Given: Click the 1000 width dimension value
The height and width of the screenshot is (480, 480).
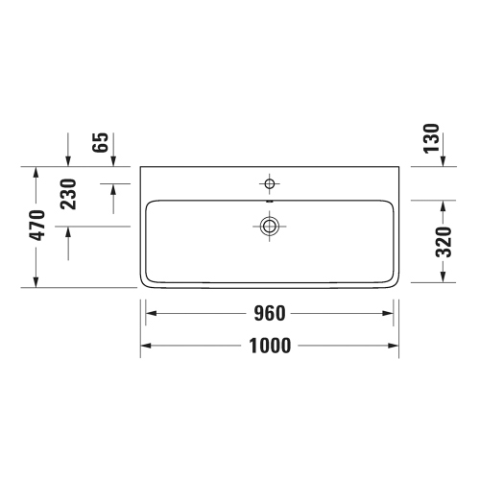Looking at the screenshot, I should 269,347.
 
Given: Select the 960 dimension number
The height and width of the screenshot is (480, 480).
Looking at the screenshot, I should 269,314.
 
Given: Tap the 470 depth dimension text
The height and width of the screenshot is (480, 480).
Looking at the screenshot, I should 38,227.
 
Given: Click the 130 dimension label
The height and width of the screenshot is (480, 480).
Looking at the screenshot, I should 433,139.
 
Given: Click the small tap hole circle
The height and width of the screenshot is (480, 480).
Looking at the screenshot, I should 270,182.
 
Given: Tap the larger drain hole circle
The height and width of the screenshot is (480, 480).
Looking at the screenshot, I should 270,226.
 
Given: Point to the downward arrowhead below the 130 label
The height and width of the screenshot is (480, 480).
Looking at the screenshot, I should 444,159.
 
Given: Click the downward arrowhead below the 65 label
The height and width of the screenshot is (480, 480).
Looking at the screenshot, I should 114,159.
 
